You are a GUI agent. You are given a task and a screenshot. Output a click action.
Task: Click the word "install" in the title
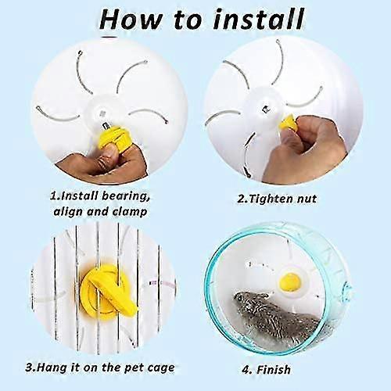[259, 20]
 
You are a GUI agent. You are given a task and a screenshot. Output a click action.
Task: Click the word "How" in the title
[131, 20]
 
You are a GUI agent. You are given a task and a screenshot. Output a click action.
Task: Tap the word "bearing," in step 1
[126, 196]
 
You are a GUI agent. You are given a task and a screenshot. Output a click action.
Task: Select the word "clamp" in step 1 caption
[130, 211]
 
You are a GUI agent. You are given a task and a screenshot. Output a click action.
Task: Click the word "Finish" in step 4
[274, 369]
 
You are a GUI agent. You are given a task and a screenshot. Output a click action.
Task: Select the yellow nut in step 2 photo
[288, 124]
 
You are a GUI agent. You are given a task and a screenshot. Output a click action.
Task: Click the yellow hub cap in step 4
[290, 281]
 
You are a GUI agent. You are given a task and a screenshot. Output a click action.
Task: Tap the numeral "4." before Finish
[247, 370]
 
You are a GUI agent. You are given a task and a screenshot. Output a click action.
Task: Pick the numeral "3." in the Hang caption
[30, 368]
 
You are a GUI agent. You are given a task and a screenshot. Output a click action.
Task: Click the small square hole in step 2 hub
[265, 109]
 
